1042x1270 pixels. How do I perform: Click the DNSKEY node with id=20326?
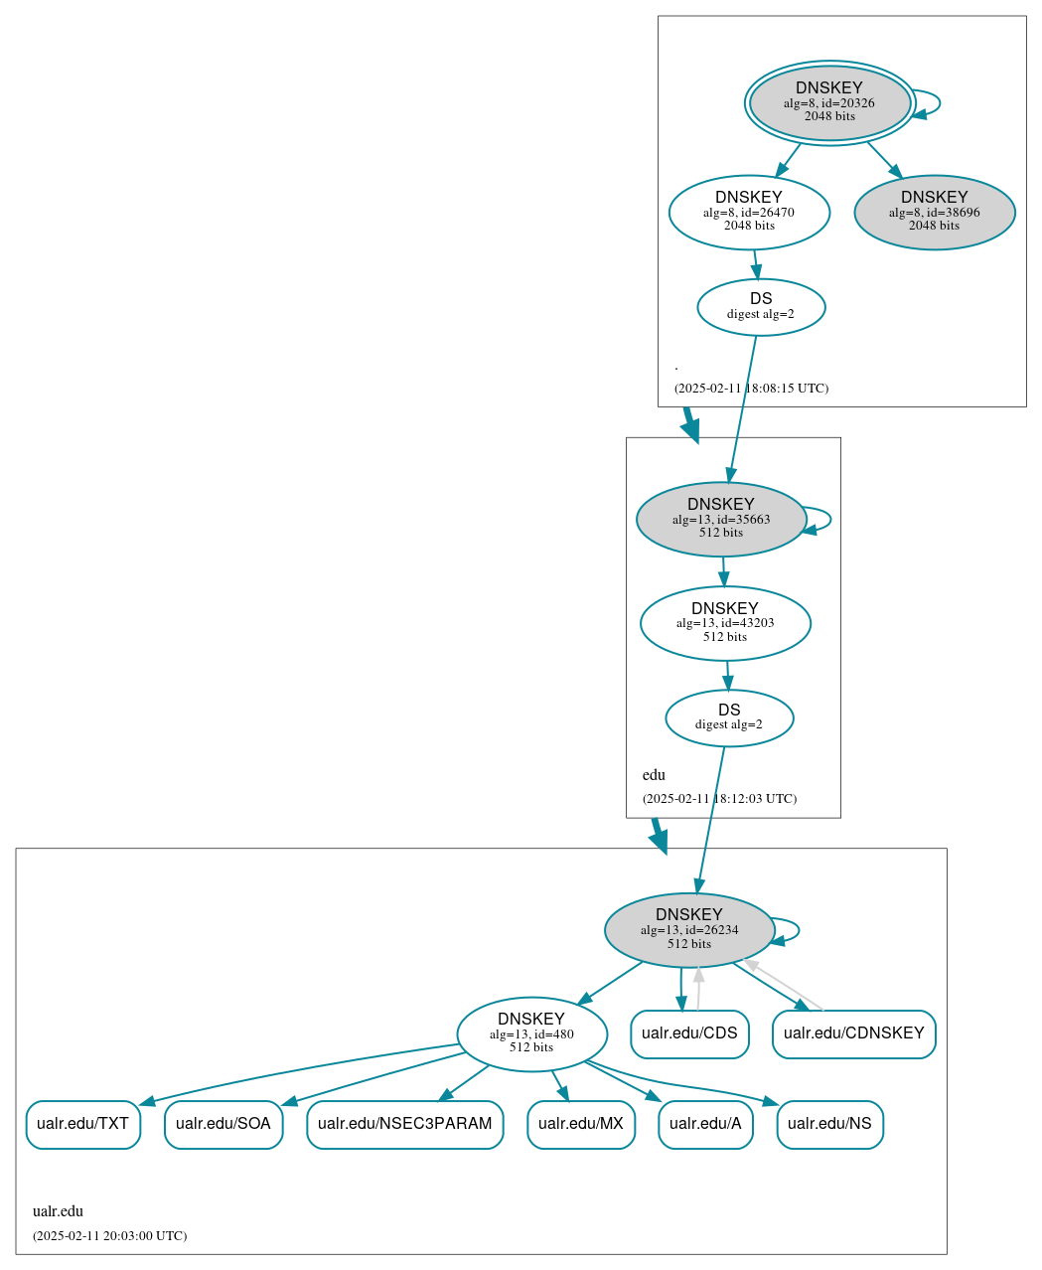click(x=829, y=102)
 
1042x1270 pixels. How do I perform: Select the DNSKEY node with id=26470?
click(x=749, y=212)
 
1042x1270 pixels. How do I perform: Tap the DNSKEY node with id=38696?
click(x=934, y=212)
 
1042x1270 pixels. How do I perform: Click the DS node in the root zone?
click(x=761, y=307)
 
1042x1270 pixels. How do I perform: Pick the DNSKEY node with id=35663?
click(x=721, y=519)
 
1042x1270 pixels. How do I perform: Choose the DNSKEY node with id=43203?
click(x=725, y=623)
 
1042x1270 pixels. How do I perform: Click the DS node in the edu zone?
click(x=729, y=717)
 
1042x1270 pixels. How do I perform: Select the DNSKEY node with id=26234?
click(x=689, y=930)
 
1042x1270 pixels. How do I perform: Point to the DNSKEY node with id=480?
click(x=531, y=1034)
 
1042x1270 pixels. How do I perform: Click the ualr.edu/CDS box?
click(x=689, y=1033)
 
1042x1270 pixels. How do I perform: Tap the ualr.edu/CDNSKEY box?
click(x=853, y=1033)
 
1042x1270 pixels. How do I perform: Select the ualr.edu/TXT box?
click(x=83, y=1124)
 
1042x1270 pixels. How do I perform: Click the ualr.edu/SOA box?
click(x=223, y=1124)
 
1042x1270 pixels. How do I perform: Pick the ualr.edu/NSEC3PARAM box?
click(x=405, y=1124)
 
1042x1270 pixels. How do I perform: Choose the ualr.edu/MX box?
click(x=581, y=1124)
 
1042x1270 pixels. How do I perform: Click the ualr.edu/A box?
click(x=705, y=1124)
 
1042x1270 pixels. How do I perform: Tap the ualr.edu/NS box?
click(x=829, y=1124)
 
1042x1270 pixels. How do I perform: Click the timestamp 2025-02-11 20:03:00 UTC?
click(x=109, y=1236)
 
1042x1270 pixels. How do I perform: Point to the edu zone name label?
click(x=654, y=775)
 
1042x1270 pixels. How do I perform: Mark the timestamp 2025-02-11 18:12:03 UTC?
click(x=719, y=799)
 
